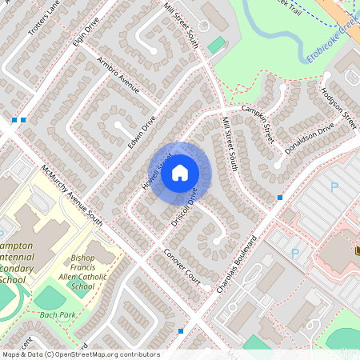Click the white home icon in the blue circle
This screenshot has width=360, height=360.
pos(180,172)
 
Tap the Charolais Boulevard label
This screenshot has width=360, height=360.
pos(237,263)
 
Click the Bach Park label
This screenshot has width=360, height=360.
pos(57,315)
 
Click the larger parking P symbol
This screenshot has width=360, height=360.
pos(334,186)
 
